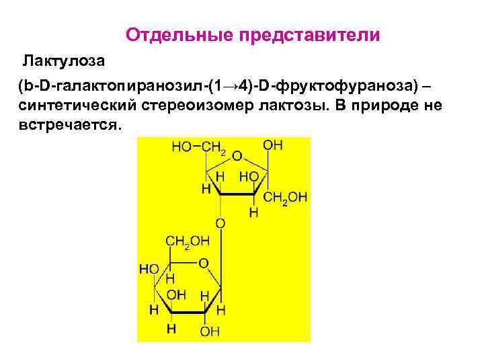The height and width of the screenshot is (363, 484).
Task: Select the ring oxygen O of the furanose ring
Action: click(x=237, y=156)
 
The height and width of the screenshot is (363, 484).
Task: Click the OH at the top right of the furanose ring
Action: click(x=273, y=145)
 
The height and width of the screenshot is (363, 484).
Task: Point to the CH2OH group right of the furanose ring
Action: click(x=285, y=197)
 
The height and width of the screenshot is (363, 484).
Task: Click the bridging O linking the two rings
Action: click(x=220, y=223)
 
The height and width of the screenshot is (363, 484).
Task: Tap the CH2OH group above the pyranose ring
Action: click(x=188, y=241)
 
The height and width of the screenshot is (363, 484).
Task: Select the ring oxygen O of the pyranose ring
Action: click(x=202, y=263)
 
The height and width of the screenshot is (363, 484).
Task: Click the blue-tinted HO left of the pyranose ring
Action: click(x=149, y=269)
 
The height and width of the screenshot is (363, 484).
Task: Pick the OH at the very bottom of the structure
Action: click(x=210, y=331)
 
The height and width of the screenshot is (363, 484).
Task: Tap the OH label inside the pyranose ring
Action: click(x=176, y=294)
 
